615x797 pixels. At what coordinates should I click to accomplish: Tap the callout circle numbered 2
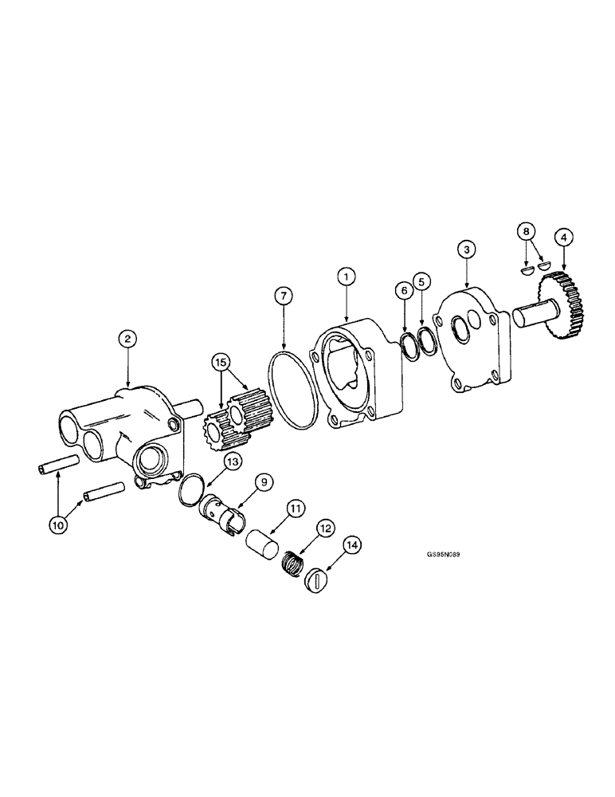coord(126,338)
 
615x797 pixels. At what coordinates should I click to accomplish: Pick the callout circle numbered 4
coord(563,237)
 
